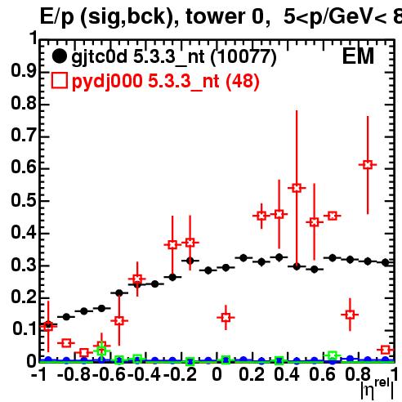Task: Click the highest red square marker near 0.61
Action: (x=368, y=165)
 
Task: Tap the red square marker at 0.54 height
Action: (x=297, y=188)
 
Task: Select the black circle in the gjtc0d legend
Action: (x=59, y=56)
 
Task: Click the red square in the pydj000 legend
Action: (x=60, y=81)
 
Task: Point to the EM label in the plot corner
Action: (x=358, y=56)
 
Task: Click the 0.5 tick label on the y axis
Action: (x=24, y=200)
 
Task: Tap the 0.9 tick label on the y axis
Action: (x=24, y=71)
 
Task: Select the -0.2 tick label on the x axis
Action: (x=180, y=374)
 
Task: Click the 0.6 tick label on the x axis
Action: (x=322, y=374)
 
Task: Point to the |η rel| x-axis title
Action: (x=377, y=390)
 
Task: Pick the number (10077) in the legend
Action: (x=243, y=57)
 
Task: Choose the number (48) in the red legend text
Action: (x=243, y=82)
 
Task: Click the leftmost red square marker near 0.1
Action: (x=48, y=327)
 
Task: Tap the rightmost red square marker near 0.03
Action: (x=385, y=350)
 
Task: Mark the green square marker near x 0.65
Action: (x=332, y=355)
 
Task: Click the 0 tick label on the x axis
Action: (x=217, y=374)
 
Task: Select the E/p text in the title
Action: (x=57, y=17)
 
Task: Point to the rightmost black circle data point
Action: (x=385, y=262)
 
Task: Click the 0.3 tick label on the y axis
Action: (x=24, y=265)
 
